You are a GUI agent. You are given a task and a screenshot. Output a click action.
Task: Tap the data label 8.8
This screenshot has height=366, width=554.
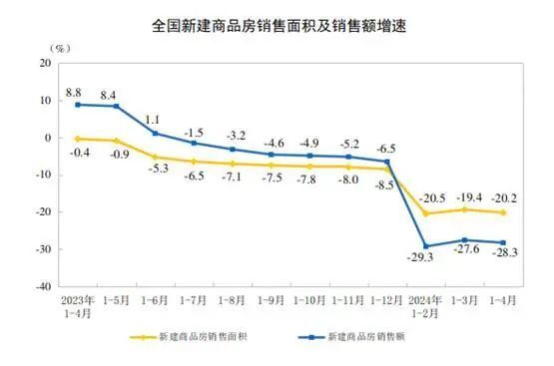coord(74,92)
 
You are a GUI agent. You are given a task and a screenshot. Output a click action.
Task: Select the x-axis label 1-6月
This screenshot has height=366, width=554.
coord(155,299)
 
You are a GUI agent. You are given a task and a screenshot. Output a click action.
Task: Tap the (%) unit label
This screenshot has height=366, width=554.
coord(59,47)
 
